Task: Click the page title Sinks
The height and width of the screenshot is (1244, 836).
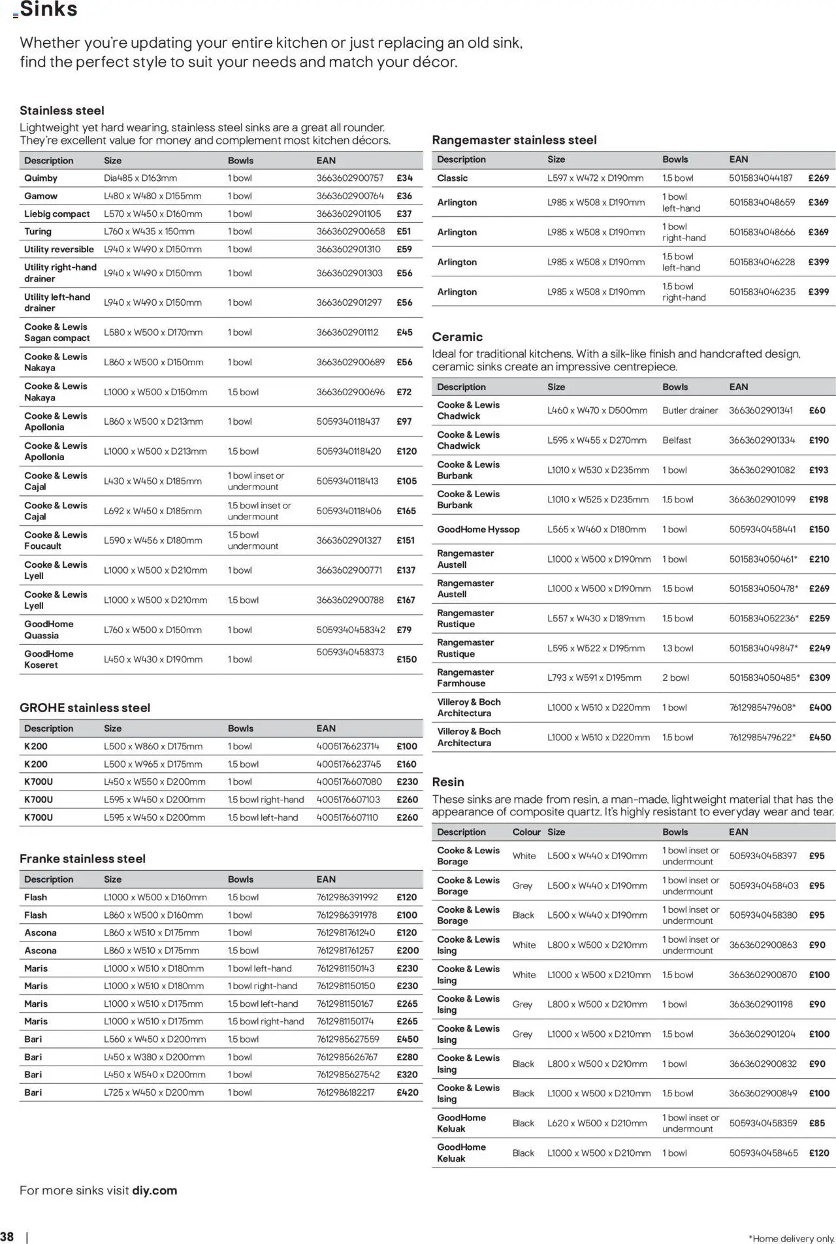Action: click(49, 10)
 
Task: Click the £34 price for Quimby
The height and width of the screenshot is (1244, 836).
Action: click(404, 178)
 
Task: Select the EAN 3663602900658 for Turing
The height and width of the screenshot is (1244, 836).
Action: click(350, 231)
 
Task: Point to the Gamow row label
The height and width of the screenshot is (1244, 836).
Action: click(40, 196)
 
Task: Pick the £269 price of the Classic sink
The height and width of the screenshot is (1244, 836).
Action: click(818, 178)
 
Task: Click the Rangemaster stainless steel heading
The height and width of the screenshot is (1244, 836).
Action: click(514, 140)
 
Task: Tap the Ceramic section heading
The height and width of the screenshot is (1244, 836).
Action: click(457, 336)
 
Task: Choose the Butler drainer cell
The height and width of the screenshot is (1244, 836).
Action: click(690, 410)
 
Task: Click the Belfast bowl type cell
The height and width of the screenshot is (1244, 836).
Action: click(676, 440)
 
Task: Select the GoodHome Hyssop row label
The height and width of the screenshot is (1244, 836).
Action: click(478, 529)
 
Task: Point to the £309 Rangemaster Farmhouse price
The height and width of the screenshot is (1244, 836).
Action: click(819, 678)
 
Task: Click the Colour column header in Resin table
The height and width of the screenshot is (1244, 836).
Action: click(526, 832)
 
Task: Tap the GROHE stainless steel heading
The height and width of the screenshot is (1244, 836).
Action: click(85, 708)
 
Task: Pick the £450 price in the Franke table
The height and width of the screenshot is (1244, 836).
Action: click(407, 1039)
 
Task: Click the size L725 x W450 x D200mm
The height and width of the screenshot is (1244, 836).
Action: click(153, 1092)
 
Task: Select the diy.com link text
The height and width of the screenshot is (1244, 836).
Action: click(154, 1190)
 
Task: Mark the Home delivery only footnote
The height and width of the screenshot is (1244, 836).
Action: click(791, 1238)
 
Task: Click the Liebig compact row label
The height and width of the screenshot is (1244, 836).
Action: click(57, 214)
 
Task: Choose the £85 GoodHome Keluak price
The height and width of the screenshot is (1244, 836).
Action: click(816, 1122)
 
